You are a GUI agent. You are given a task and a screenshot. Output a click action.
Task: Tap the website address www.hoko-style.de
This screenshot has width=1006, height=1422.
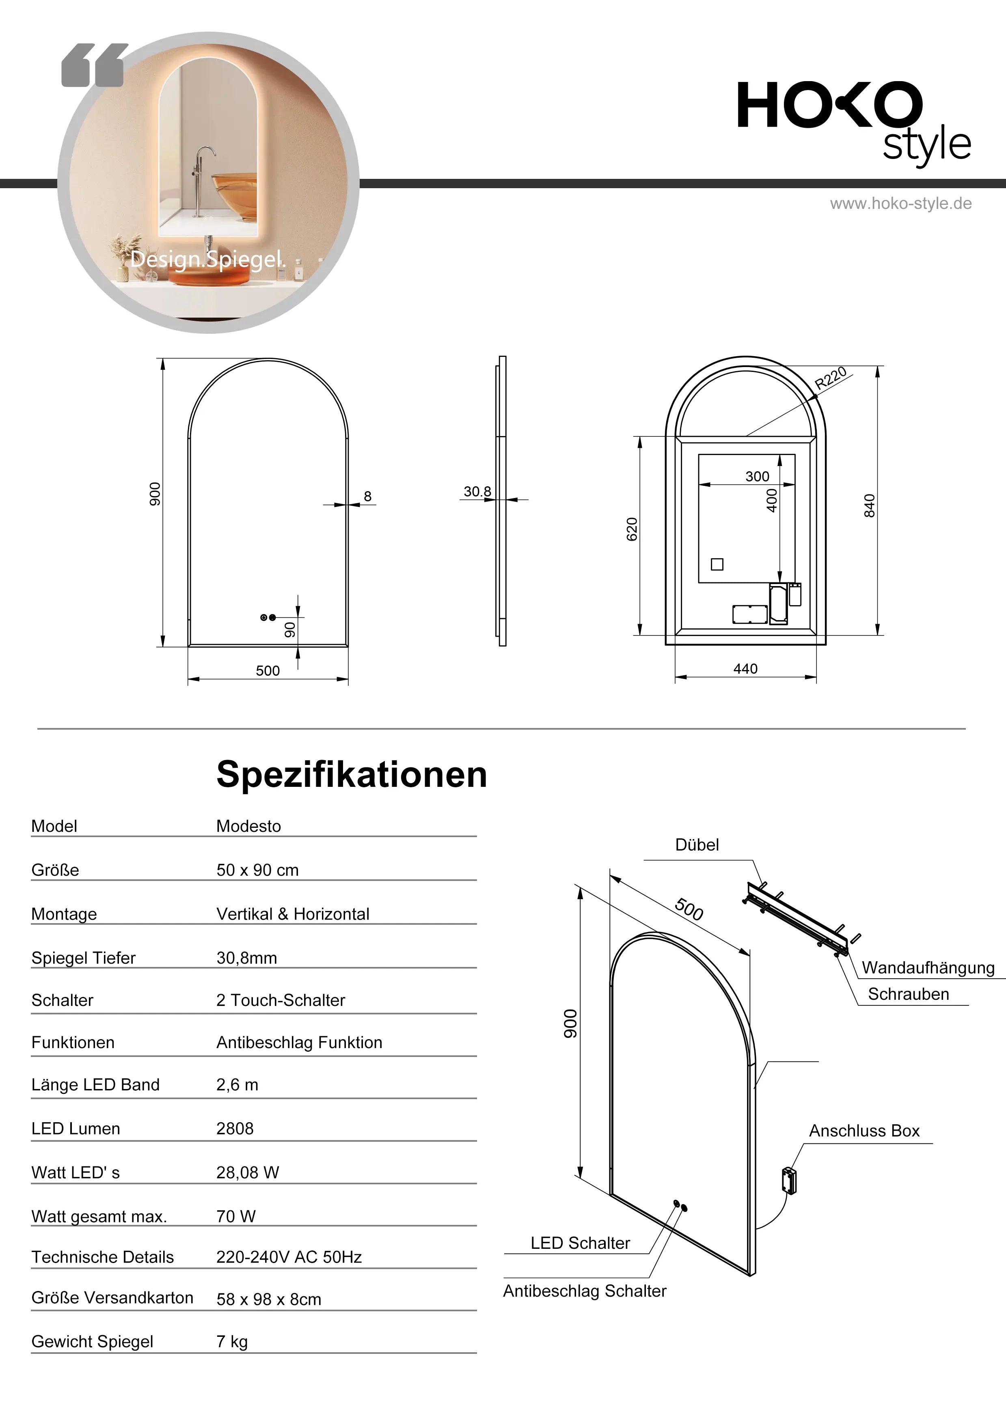[900, 204]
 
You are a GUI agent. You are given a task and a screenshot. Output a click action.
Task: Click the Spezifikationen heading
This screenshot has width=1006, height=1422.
[352, 774]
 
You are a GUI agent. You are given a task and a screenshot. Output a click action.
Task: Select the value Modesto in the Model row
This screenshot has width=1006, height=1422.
[248, 826]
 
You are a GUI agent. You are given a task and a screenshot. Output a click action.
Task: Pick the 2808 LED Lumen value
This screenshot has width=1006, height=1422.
[235, 1128]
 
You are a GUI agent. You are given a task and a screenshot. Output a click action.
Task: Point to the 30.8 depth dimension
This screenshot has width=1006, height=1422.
[477, 492]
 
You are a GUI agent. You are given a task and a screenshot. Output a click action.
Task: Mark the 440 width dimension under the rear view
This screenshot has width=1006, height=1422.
[745, 669]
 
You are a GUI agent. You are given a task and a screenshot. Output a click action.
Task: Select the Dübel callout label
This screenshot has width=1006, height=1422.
[697, 845]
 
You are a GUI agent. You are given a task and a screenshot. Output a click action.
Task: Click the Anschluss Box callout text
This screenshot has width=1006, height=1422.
[864, 1131]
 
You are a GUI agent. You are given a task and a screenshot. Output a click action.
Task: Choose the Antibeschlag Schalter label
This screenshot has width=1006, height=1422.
[585, 1291]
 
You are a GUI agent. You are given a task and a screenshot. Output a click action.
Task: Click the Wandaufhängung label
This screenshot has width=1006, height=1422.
[927, 968]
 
